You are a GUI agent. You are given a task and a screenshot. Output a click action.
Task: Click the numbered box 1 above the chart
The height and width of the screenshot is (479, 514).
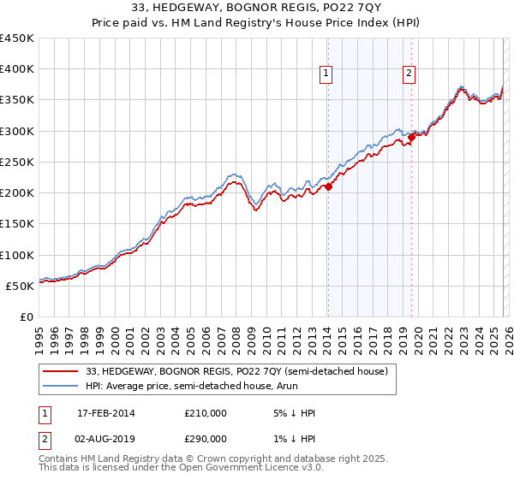click(326, 74)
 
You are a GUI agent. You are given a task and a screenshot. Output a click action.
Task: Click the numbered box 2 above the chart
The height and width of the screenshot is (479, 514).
click(409, 74)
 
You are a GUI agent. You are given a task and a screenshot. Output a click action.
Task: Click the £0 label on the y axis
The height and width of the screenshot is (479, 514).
click(27, 316)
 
